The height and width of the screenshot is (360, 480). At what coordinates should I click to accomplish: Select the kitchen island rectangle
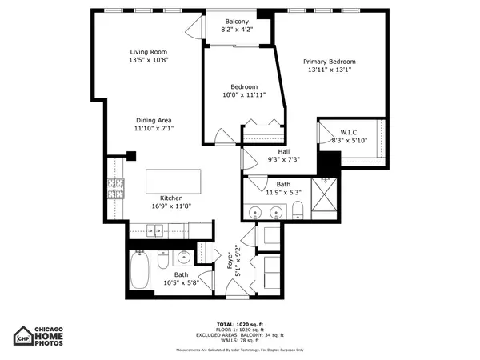(174, 182)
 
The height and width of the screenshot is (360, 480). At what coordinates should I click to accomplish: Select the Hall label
(283, 151)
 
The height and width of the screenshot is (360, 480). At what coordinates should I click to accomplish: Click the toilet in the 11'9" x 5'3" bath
(297, 210)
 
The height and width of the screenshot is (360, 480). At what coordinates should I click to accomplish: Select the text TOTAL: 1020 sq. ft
(239, 322)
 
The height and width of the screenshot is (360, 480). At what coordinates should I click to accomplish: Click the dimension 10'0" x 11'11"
(243, 95)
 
